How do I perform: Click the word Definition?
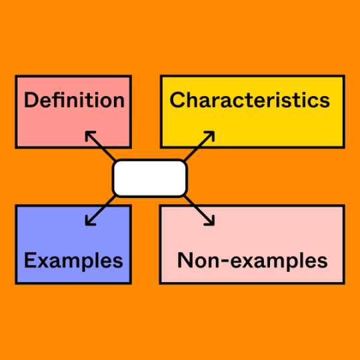74,101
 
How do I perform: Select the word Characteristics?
250,100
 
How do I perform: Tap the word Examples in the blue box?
73,260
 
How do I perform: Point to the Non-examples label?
252,260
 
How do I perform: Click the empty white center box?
150,178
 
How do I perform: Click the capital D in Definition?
30,101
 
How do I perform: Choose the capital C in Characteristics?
177,100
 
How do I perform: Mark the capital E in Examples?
29,260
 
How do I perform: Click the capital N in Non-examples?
185,260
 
